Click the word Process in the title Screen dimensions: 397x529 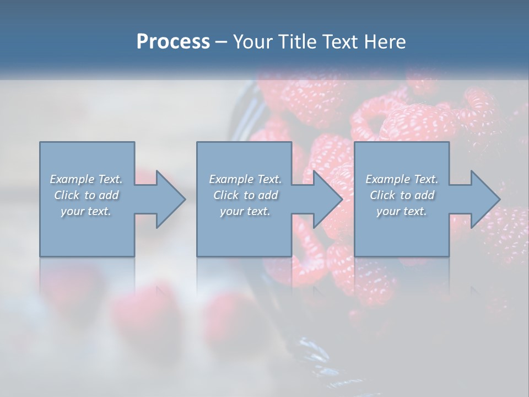point(173,42)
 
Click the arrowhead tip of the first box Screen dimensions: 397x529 point(185,199)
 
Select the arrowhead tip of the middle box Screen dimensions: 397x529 point(342,199)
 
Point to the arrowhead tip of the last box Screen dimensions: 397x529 point(499,199)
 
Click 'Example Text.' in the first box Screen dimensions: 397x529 point(86,179)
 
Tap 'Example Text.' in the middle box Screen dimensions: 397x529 point(245,179)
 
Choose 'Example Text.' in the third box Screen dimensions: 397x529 point(402,179)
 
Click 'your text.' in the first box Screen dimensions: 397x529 point(86,211)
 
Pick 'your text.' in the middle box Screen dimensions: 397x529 point(245,211)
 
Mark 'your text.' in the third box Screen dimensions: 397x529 point(402,211)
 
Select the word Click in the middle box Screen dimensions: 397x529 point(226,195)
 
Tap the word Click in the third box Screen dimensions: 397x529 point(382,195)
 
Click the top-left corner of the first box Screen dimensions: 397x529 point(40,142)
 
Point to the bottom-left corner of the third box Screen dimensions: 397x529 point(355,256)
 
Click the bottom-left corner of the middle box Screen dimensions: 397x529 point(197,256)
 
